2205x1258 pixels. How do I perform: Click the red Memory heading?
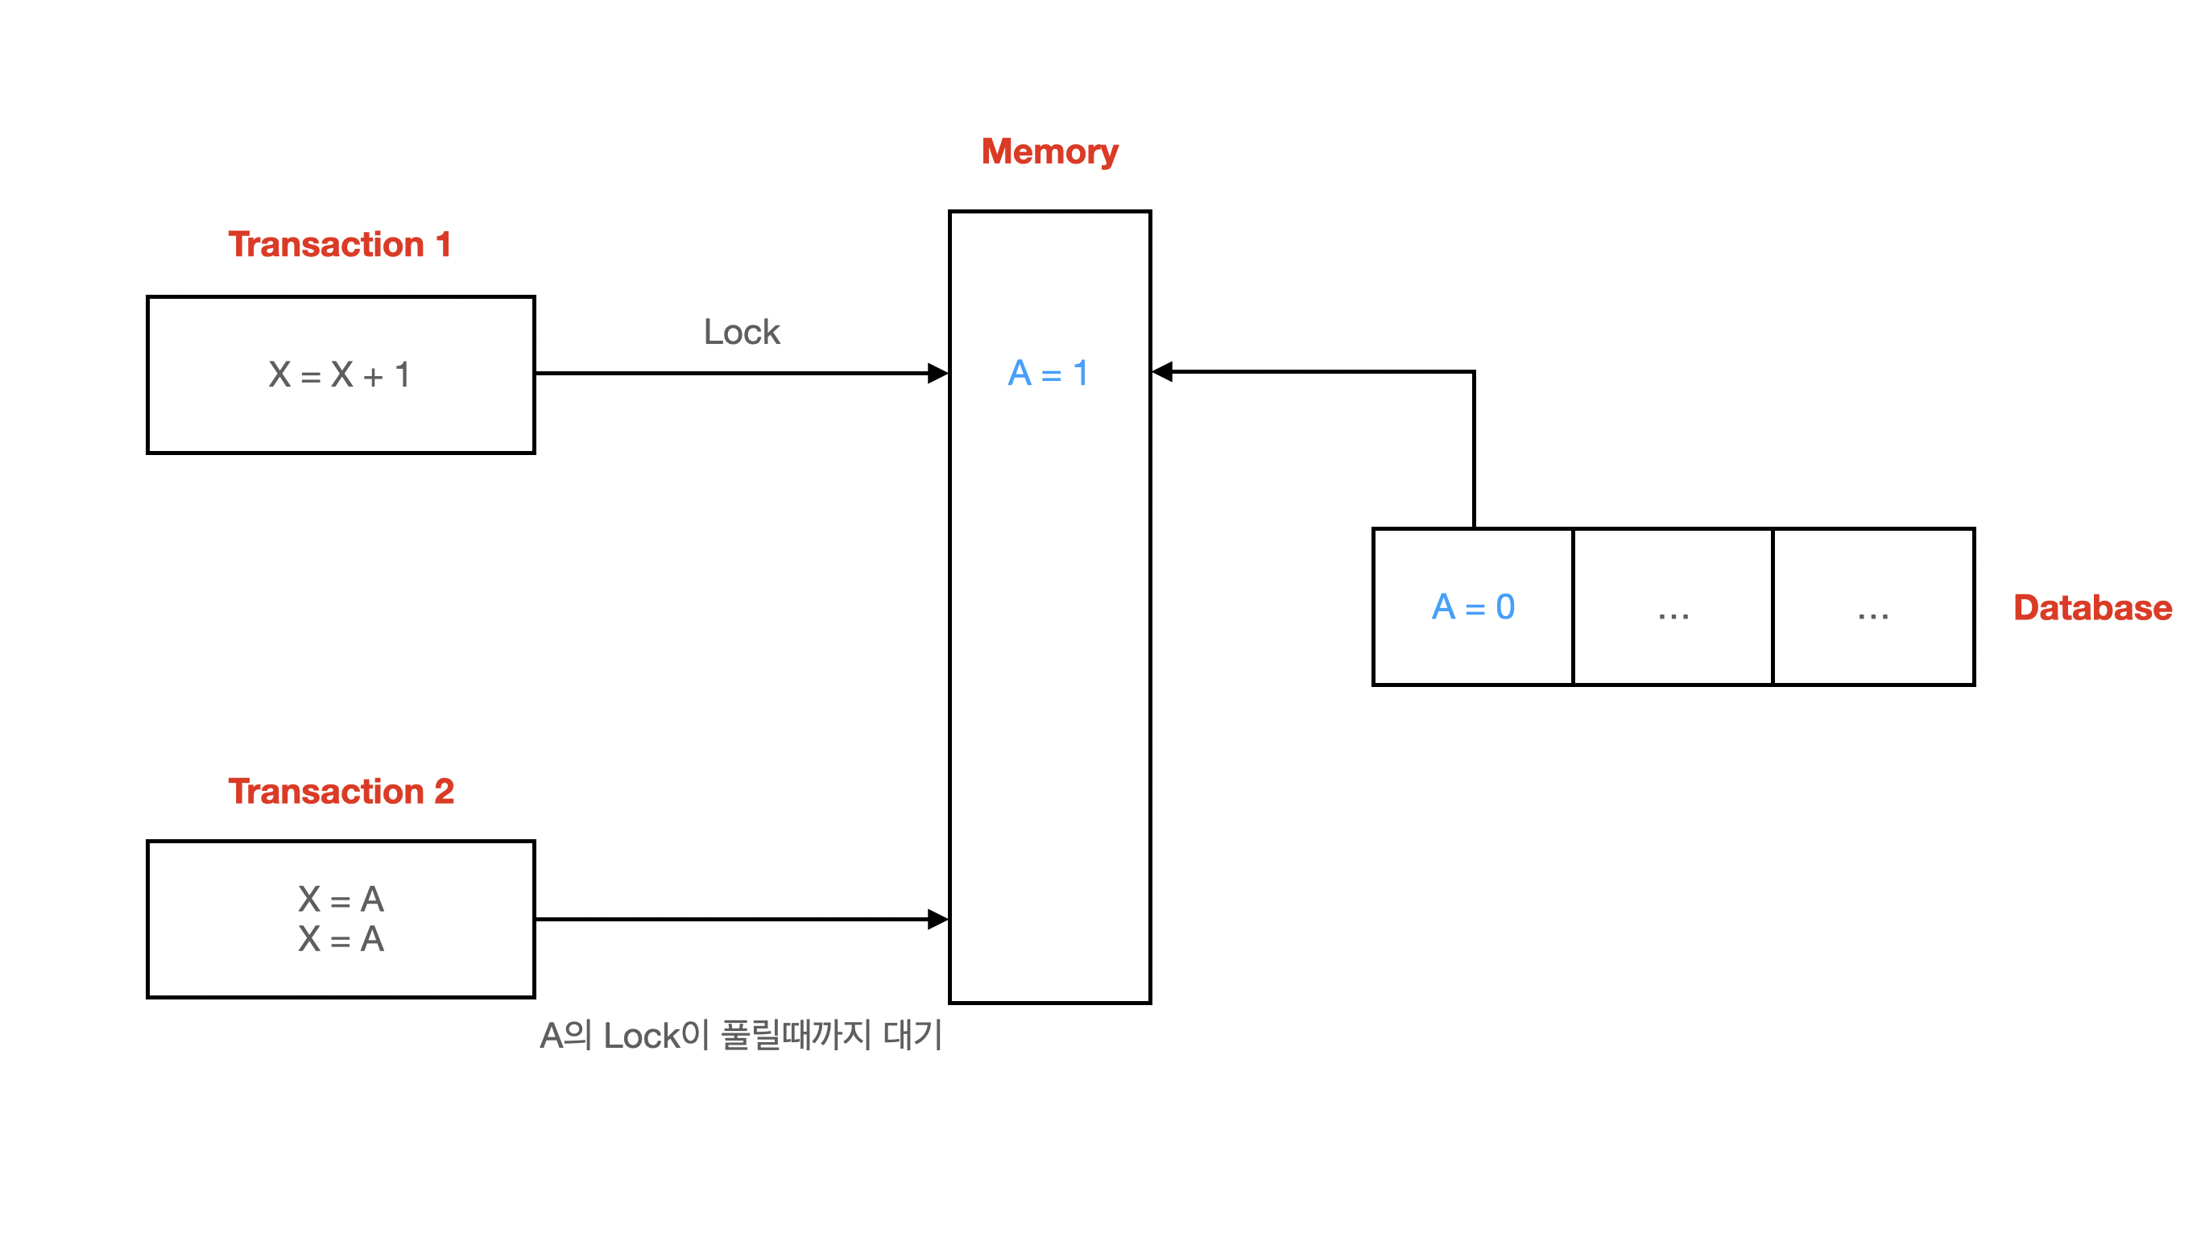coord(1049,152)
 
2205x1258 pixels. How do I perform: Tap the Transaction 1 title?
coord(339,245)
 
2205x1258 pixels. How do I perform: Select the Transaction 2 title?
coord(341,791)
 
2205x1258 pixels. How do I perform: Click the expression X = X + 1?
coord(339,375)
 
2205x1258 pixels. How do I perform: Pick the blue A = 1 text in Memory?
coord(1048,373)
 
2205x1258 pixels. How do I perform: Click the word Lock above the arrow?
coord(741,332)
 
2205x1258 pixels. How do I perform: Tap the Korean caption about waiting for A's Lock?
coord(740,1034)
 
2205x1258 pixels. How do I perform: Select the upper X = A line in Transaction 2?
coord(341,899)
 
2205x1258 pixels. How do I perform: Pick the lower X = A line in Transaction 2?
coord(341,938)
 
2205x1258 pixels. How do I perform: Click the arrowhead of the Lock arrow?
coord(937,373)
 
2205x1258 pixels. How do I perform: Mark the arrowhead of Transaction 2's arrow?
coord(937,918)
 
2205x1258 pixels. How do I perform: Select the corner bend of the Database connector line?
coord(1473,372)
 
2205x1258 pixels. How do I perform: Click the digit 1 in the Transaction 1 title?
coord(443,245)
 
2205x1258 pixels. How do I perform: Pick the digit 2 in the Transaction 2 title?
coord(443,791)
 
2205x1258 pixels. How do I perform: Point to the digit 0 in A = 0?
coord(1504,606)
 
